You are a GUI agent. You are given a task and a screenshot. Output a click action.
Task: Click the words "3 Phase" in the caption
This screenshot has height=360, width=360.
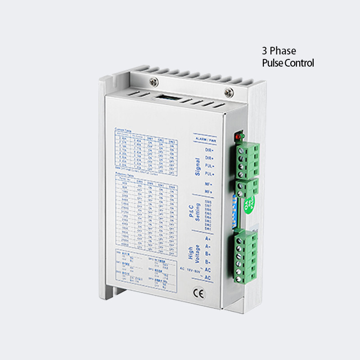(x=279, y=51)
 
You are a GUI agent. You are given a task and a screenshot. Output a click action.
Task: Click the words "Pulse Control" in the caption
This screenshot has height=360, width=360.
(x=288, y=63)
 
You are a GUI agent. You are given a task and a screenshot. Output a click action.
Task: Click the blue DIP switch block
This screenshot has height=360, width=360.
(x=234, y=211)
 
